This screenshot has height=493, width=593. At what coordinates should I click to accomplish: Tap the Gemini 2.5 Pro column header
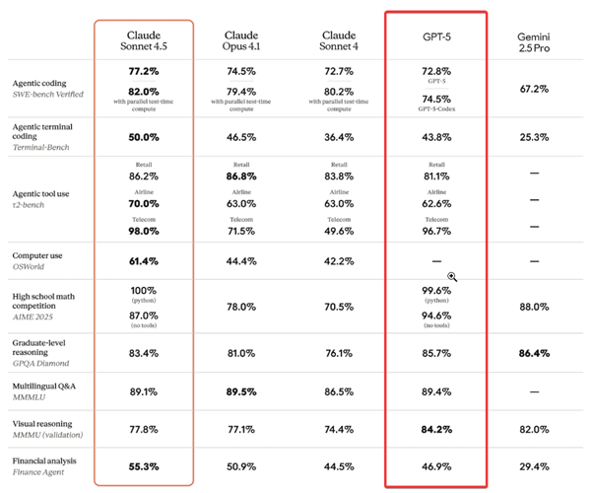533,43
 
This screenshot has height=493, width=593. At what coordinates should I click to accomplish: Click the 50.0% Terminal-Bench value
145,137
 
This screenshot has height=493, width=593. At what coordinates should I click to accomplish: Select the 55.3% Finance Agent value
145,465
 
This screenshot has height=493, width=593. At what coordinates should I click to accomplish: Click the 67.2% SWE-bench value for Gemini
533,88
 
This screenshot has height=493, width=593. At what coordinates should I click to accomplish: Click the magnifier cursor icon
452,278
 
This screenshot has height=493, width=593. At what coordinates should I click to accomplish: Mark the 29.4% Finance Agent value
533,465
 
